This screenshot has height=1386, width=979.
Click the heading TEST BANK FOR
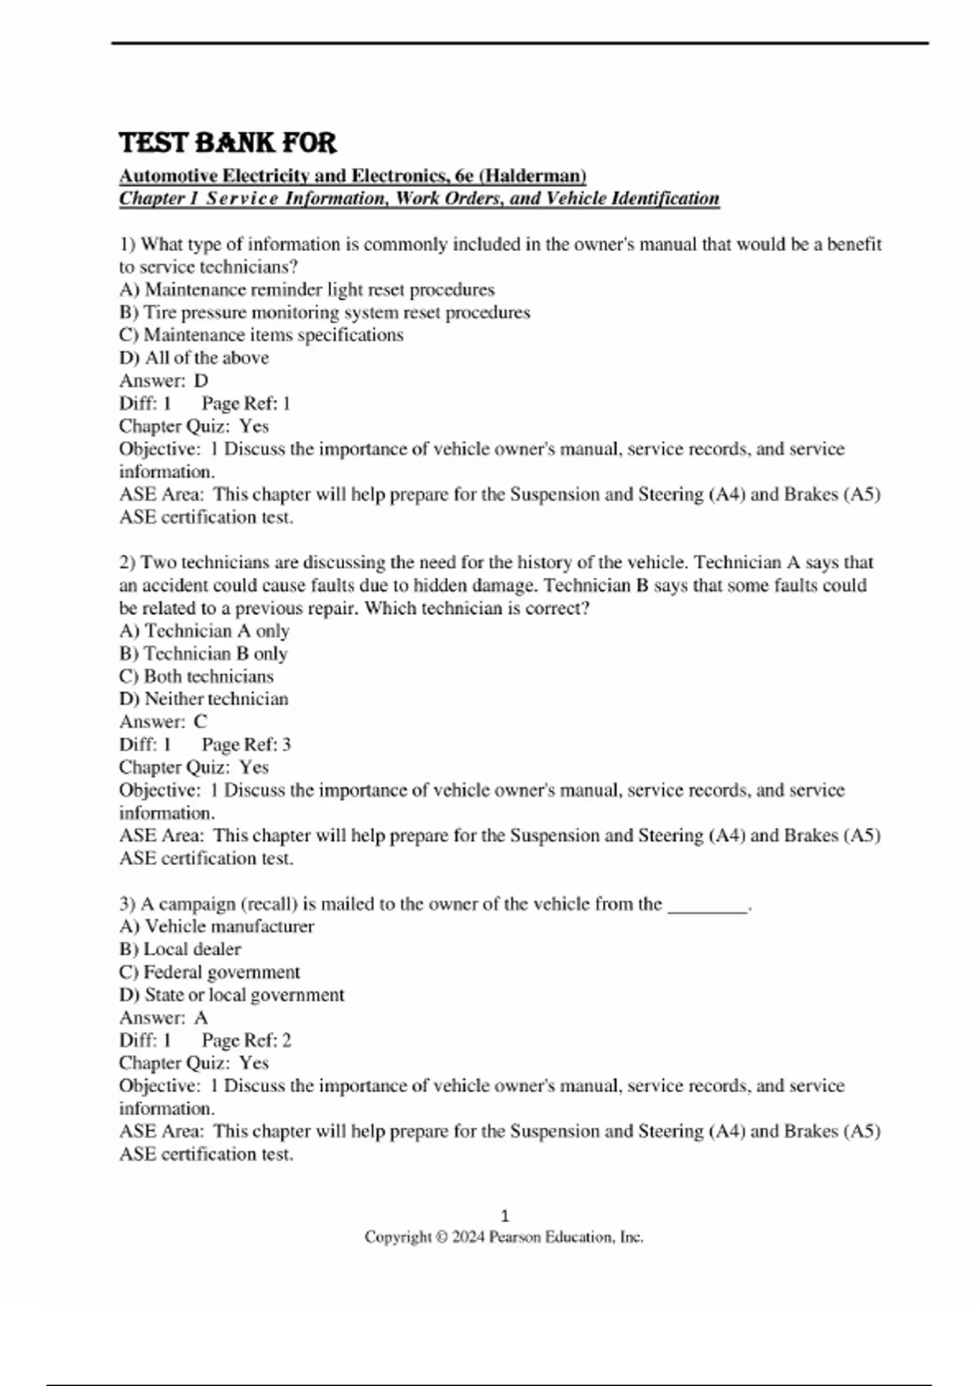tap(228, 143)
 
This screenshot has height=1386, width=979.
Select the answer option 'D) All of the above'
tap(193, 357)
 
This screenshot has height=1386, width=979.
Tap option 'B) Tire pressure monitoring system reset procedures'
tap(324, 312)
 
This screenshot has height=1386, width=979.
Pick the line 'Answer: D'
tap(163, 380)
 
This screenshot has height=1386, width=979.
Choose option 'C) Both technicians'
tap(196, 676)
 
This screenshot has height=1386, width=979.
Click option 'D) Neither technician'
tap(203, 699)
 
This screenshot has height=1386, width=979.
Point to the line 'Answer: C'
tap(163, 722)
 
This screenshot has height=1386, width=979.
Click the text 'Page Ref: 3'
tap(246, 744)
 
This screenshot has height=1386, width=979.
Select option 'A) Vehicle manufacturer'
tap(216, 926)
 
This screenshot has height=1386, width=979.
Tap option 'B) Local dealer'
tap(179, 949)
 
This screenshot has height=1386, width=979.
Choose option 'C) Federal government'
tap(209, 972)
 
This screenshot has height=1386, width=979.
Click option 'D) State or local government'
tap(231, 995)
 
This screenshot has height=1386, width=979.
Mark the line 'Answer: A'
tap(163, 1017)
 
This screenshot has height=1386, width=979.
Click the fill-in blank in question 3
tap(707, 904)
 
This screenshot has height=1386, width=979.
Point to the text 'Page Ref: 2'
tap(246, 1040)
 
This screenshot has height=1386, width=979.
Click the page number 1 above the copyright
tap(505, 1216)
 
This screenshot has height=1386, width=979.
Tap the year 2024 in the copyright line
tap(468, 1237)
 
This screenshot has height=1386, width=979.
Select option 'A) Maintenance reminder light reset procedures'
tap(306, 289)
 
